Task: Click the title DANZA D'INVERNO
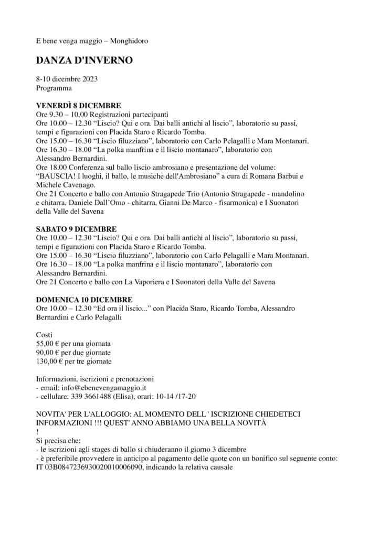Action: (84, 60)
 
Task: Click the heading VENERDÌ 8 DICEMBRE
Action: (78, 105)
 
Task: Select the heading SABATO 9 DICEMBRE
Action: (76, 230)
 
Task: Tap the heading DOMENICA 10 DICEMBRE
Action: (84, 299)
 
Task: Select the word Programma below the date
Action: (54, 88)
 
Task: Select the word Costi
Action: (45, 335)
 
